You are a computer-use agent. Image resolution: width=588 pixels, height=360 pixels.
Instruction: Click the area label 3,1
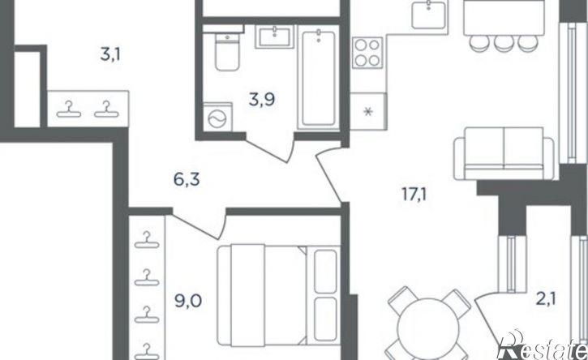pos(110,55)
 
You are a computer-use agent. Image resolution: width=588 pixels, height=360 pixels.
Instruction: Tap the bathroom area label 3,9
pos(262,100)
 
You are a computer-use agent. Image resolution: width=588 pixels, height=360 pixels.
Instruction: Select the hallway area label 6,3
pos(187,180)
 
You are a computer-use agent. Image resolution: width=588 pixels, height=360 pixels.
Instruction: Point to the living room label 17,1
pos(414,195)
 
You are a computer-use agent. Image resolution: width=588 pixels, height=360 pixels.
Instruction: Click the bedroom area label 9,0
pos(188,301)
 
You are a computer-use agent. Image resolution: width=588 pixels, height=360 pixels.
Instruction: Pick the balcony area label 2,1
pos(546,300)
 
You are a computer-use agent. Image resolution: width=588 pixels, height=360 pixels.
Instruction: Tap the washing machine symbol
pos(217,118)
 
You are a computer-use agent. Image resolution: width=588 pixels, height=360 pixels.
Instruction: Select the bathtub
pos(319,78)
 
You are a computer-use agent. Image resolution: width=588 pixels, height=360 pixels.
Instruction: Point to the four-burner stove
pos(367,53)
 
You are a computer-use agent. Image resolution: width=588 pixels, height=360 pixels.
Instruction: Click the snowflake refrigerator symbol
pos(369,111)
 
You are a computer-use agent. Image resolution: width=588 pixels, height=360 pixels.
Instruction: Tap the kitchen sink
pos(429,15)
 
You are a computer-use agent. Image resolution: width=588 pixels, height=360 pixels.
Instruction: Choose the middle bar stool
pos(504,42)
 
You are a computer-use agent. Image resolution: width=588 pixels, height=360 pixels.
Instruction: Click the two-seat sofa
pos(504,153)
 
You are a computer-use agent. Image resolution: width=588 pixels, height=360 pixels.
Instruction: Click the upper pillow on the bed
pos(325,271)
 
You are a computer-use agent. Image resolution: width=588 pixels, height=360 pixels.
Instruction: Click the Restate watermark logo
pos(543,347)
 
